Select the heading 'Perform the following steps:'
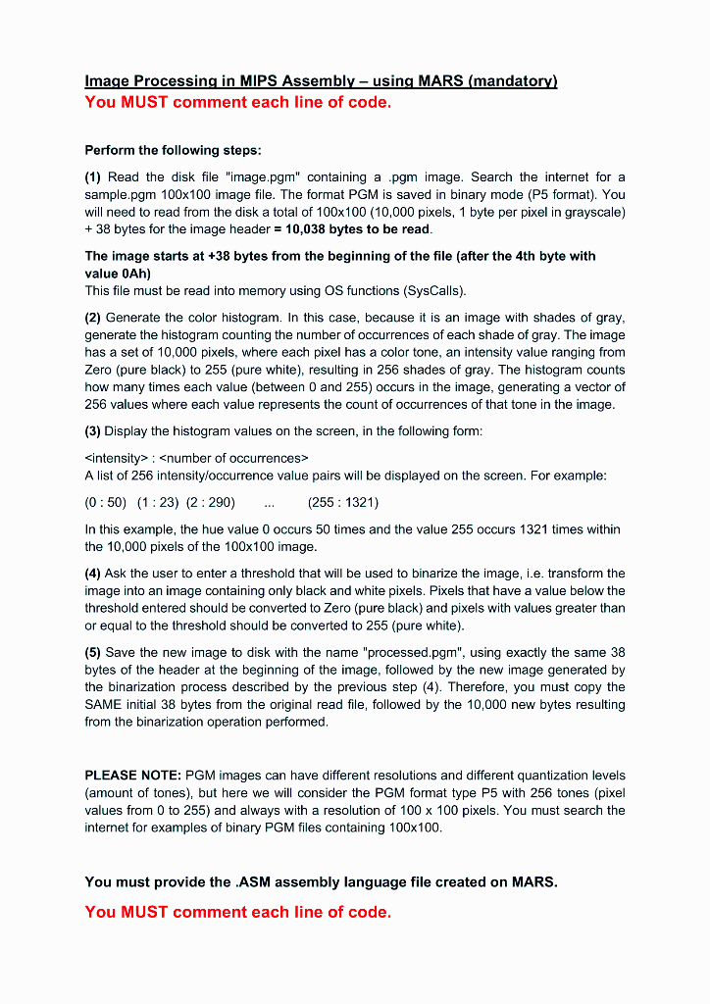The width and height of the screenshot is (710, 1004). click(173, 150)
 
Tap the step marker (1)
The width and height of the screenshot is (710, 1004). click(94, 176)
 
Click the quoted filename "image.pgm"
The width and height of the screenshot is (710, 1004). click(263, 176)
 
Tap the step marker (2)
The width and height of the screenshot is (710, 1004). click(94, 317)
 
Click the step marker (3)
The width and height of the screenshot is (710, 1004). click(94, 431)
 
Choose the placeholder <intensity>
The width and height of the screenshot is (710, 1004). click(116, 458)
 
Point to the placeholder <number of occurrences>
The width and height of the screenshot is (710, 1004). click(234, 458)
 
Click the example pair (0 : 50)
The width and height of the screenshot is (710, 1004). click(106, 502)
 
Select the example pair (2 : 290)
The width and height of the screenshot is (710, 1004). click(211, 502)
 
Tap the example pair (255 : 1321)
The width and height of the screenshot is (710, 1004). click(343, 502)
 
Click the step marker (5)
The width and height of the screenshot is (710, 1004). click(94, 652)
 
